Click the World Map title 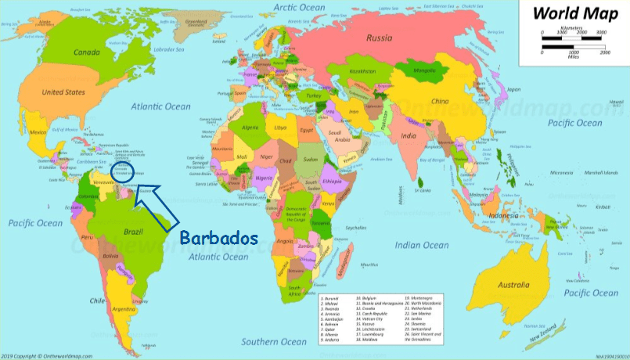tap(578, 13)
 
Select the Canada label tap(87, 52)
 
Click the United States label tap(63, 92)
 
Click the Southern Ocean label tap(274, 341)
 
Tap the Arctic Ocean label tap(299, 7)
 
